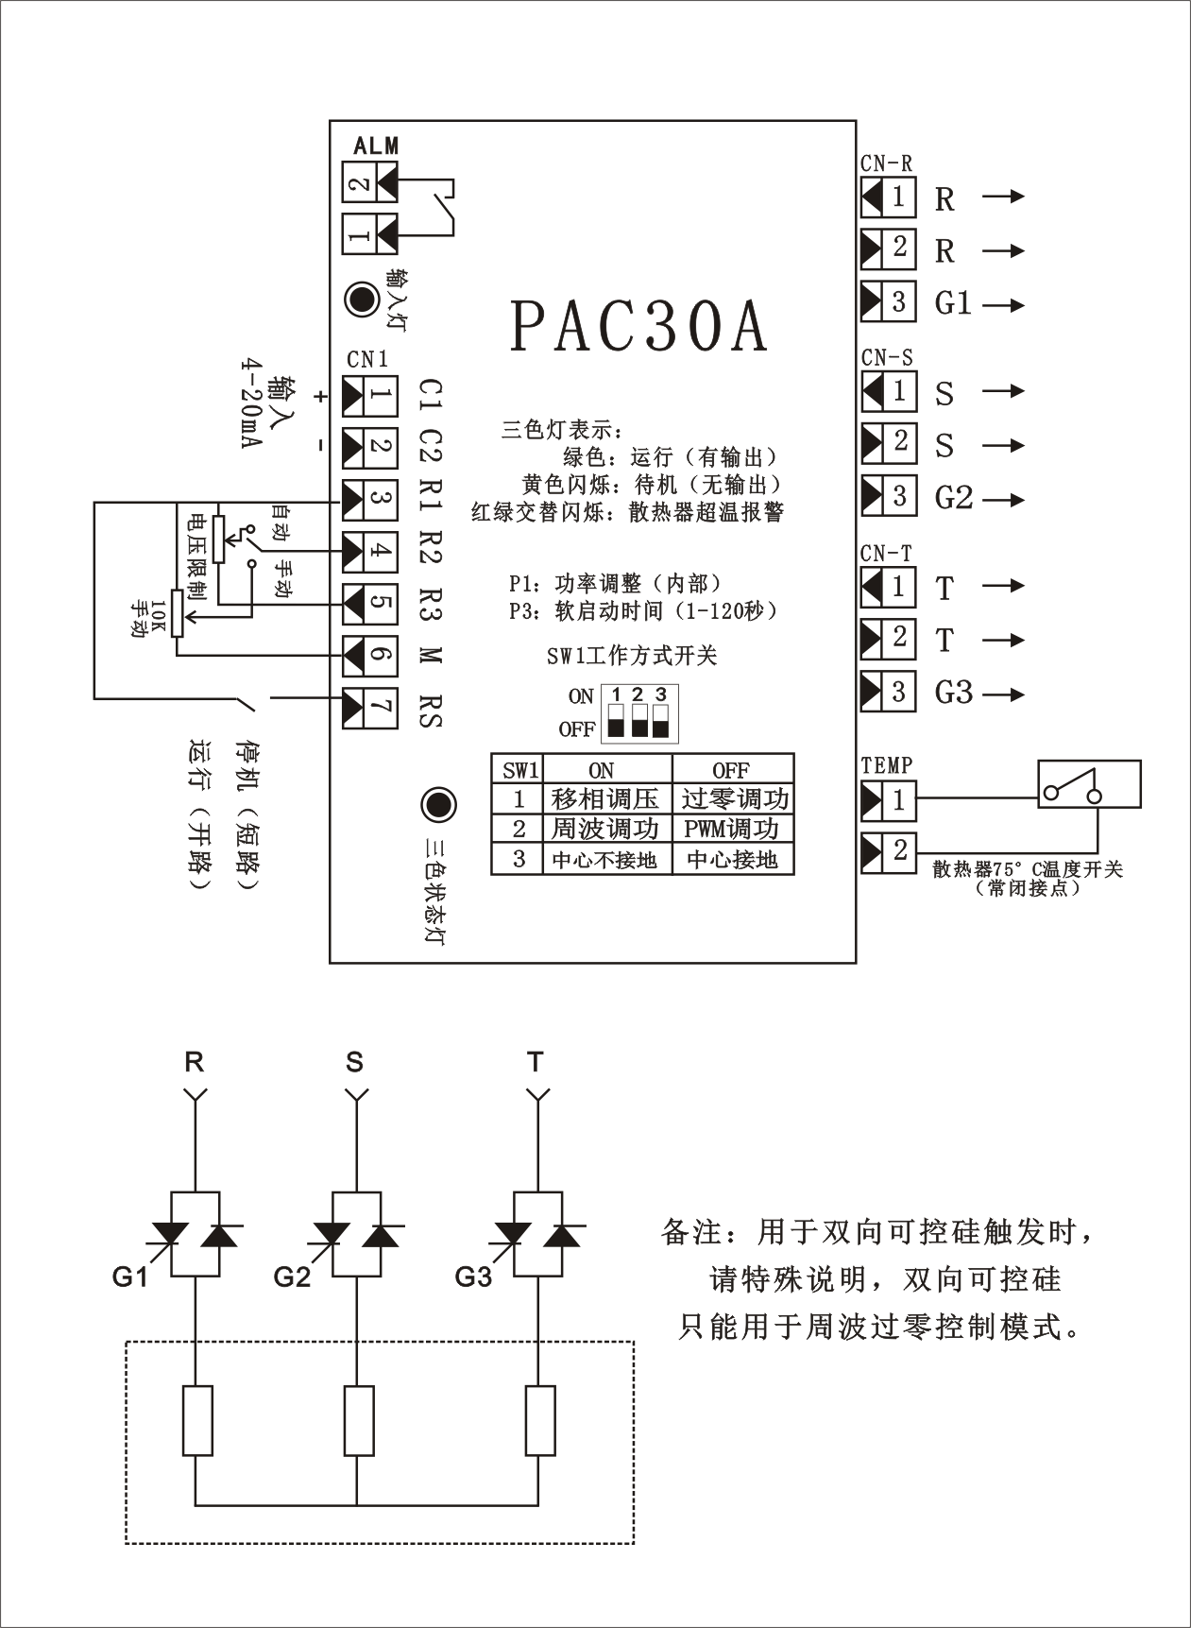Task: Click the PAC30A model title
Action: [x=639, y=327]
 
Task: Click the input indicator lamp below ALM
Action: [x=360, y=300]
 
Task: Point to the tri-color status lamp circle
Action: [x=437, y=805]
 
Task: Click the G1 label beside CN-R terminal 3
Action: [x=952, y=303]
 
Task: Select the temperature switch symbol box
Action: [x=1089, y=784]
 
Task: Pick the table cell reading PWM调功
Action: [x=732, y=830]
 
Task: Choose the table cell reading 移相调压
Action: [x=605, y=799]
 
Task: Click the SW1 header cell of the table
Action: [x=519, y=770]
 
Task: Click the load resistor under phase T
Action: [x=539, y=1420]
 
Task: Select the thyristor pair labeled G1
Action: [x=195, y=1235]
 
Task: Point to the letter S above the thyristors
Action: [x=354, y=1063]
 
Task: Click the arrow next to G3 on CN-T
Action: [x=1004, y=694]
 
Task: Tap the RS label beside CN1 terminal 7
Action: [x=431, y=712]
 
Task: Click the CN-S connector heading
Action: [x=887, y=359]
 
